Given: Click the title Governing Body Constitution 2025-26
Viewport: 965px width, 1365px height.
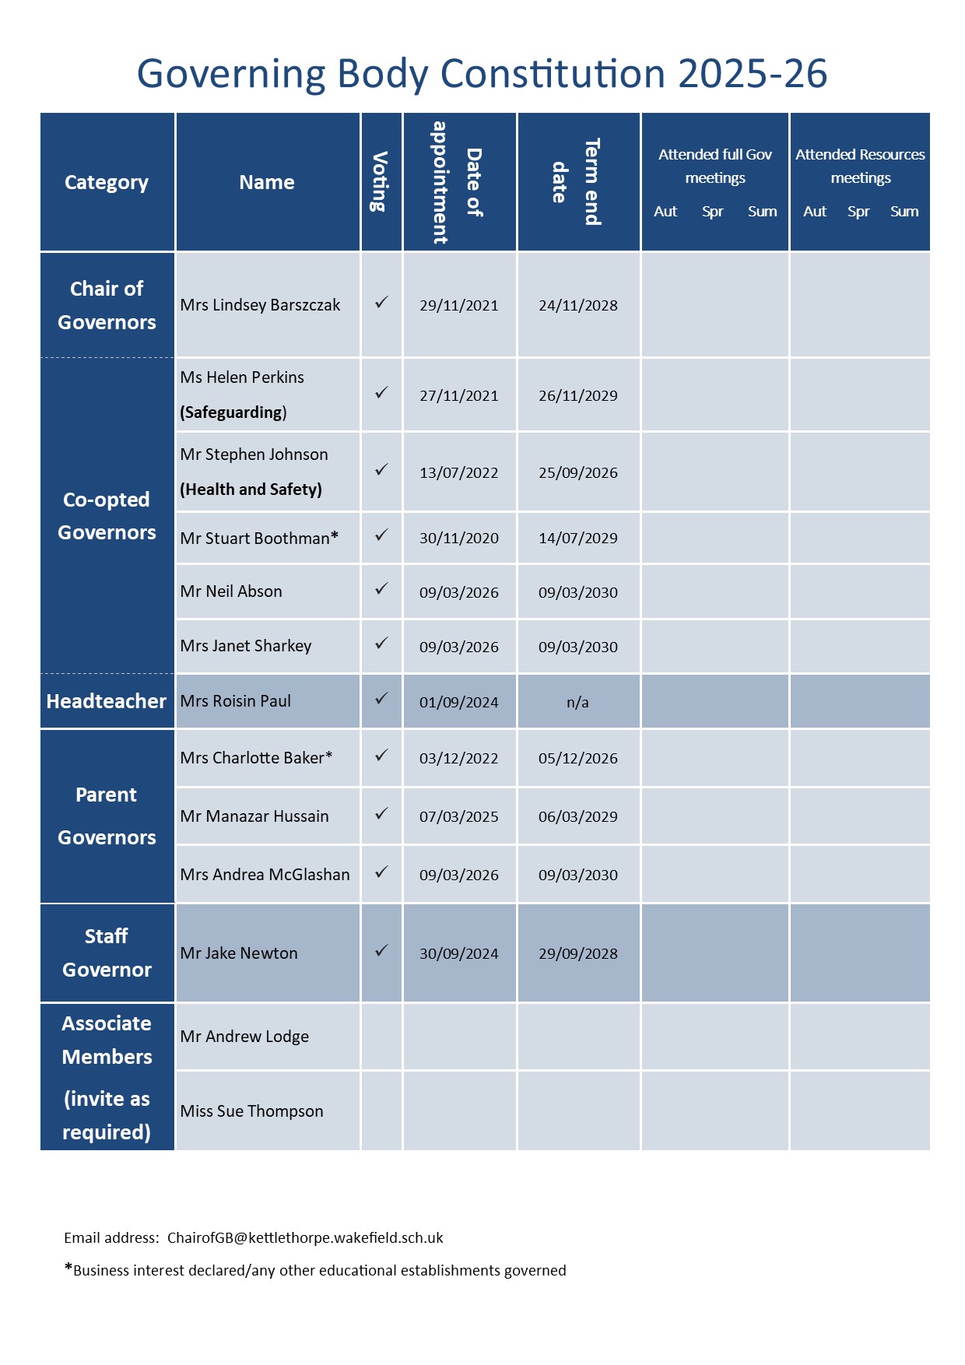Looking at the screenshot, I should [x=482, y=74].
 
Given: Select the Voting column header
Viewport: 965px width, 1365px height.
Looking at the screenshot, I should [x=380, y=182].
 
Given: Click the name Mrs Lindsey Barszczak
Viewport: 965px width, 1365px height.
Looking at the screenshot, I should [x=260, y=305].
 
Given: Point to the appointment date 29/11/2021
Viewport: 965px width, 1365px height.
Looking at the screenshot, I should [x=458, y=305].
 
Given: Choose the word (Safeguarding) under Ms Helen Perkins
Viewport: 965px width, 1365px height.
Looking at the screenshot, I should [x=233, y=412].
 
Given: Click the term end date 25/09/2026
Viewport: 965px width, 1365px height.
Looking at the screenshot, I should [x=577, y=472].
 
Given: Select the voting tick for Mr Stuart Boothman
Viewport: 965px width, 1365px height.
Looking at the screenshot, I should [x=381, y=535].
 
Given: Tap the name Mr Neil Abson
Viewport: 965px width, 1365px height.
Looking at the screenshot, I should [x=231, y=591].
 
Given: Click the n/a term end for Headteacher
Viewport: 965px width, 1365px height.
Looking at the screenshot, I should [x=577, y=702].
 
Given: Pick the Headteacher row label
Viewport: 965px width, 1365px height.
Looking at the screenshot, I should [x=107, y=701].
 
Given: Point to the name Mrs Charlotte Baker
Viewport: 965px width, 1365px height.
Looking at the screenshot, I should [x=256, y=758].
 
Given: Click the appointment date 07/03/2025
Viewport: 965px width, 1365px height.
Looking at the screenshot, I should [x=458, y=816].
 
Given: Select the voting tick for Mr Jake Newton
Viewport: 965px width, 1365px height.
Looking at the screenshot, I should [x=381, y=951].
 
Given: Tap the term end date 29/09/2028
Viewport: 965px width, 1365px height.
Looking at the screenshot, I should [x=577, y=953].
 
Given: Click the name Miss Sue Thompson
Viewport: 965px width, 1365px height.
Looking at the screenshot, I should [x=251, y=1111].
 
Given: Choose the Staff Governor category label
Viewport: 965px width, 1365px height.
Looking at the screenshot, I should [x=107, y=953].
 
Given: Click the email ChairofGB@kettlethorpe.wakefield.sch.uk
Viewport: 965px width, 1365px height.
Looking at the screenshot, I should [x=305, y=1237].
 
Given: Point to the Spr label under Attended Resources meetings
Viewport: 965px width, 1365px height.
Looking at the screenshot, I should [x=858, y=212].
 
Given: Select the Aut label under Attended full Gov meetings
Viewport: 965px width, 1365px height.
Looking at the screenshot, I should [x=665, y=212].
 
